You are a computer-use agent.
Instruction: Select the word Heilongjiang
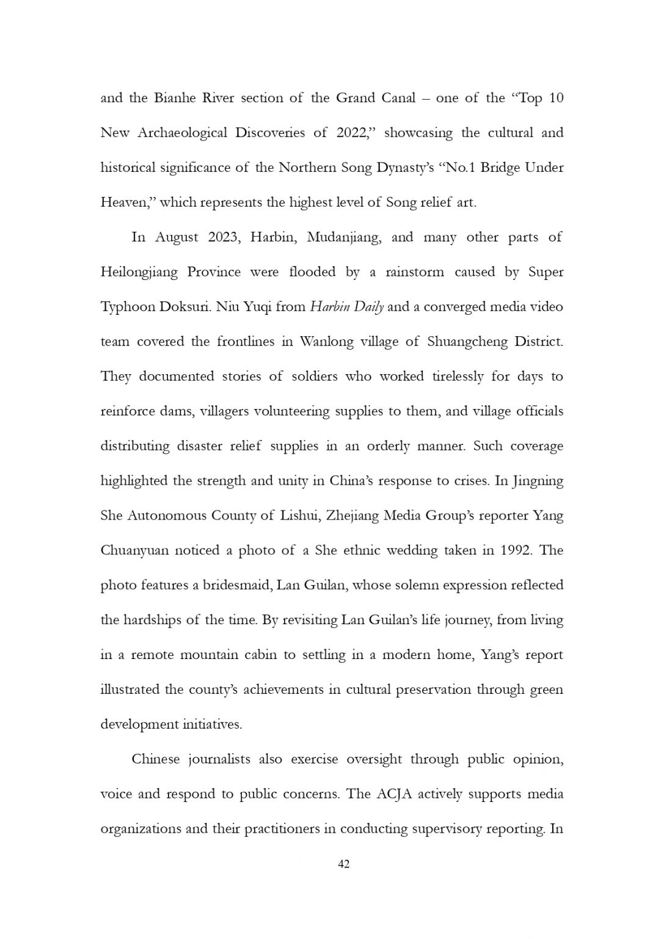[139, 273]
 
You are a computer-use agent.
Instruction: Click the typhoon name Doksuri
[185, 307]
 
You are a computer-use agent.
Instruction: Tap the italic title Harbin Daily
[346, 307]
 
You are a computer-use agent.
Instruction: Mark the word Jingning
[538, 482]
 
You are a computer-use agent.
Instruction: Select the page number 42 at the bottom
[343, 864]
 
